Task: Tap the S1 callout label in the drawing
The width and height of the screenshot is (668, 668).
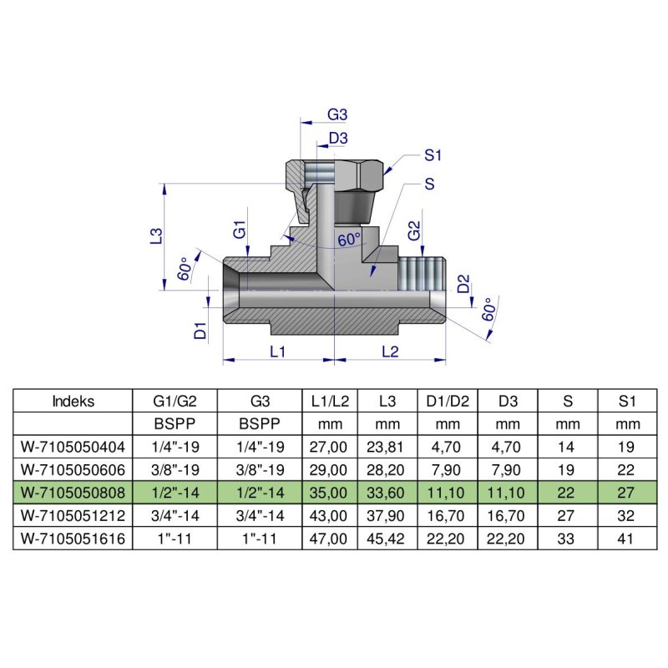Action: (433, 154)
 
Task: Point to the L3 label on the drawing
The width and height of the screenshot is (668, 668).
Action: (155, 237)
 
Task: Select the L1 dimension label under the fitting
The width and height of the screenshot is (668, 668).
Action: (278, 352)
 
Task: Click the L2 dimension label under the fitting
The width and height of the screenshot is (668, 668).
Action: (390, 352)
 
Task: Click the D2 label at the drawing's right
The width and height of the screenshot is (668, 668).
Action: (463, 286)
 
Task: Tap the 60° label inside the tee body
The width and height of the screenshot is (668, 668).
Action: (349, 240)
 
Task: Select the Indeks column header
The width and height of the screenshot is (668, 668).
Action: (73, 401)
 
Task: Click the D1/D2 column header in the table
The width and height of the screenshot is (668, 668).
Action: (448, 401)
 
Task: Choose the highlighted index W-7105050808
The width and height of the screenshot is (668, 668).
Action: (73, 493)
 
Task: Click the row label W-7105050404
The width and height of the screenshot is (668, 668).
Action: (73, 447)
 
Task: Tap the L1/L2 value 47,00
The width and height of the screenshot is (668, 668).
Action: (329, 539)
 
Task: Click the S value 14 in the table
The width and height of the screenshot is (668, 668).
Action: (569, 447)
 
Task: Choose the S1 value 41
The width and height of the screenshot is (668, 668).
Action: (628, 539)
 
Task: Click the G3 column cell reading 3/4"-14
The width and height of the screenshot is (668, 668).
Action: (259, 516)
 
